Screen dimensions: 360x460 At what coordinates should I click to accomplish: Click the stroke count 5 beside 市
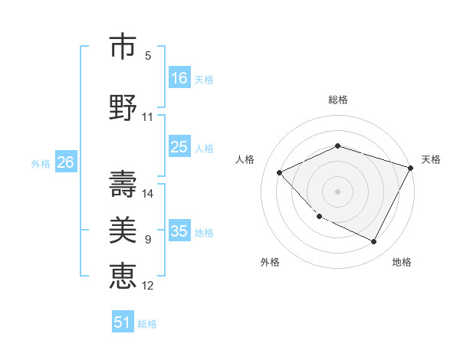(x=148, y=56)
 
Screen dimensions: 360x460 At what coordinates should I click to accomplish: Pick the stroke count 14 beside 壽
(x=148, y=193)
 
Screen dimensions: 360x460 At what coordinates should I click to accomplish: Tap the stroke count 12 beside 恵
(x=148, y=286)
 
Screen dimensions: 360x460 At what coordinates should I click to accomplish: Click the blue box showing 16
(x=179, y=78)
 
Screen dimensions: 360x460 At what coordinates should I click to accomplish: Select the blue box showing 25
(x=179, y=147)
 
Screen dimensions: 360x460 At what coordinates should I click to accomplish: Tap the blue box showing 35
(x=179, y=231)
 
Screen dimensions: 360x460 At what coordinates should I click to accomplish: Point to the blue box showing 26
(x=65, y=162)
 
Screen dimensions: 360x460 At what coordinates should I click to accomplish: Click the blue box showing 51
(x=123, y=322)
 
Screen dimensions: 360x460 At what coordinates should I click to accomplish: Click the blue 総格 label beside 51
(x=147, y=324)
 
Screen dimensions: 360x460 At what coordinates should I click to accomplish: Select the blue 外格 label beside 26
(x=41, y=164)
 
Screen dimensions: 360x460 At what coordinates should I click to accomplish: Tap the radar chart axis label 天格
(x=431, y=159)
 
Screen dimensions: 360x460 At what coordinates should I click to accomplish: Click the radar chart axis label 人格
(x=245, y=159)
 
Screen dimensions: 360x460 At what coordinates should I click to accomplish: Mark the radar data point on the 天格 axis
(x=411, y=168)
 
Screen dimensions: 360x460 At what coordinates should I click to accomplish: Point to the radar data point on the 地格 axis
(x=374, y=242)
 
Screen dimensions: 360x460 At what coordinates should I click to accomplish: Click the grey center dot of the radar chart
(x=337, y=191)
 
